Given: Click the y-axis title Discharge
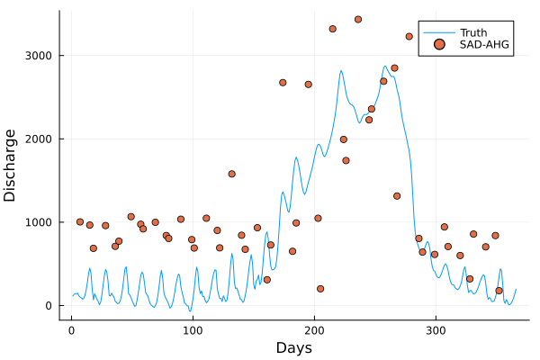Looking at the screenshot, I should pos(11,165).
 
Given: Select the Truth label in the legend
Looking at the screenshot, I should pos(473,32).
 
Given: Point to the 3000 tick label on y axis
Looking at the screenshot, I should pos(37,56).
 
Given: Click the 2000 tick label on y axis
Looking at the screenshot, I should pos(37,139).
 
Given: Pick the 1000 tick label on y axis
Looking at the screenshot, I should pos(37,222).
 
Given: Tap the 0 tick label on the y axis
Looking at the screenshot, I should pos(49,306).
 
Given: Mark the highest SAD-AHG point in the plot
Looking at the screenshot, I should pos(358,19).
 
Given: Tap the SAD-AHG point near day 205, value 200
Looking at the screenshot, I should pos(320,289).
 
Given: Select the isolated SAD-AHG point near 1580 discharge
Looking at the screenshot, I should pos(231,174).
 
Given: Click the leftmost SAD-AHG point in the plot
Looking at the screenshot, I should pos(80,221).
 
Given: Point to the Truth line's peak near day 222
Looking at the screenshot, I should pos(341,70).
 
